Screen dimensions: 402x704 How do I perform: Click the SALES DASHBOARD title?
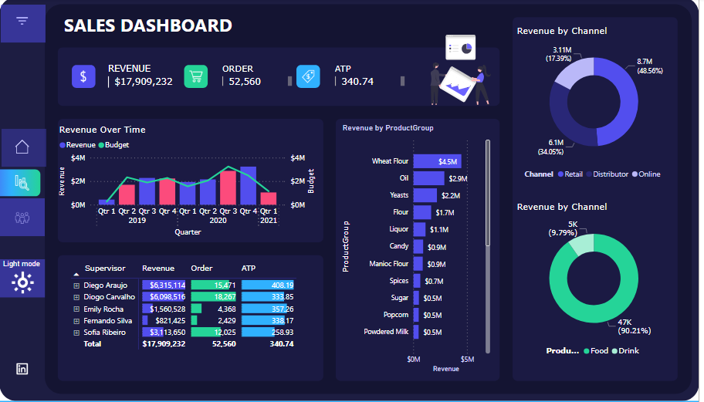click(147, 25)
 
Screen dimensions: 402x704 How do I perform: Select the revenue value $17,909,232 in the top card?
click(144, 82)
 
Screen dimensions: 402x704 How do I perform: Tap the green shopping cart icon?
click(196, 76)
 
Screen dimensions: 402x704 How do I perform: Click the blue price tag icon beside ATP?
click(308, 76)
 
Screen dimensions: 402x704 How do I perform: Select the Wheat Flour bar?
click(437, 161)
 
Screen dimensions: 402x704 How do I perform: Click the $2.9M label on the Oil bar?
click(458, 178)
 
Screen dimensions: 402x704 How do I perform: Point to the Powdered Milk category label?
click(386, 332)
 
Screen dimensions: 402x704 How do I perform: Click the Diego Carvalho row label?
click(108, 297)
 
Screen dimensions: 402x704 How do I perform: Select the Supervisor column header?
click(105, 269)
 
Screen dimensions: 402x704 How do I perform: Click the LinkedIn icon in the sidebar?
click(22, 369)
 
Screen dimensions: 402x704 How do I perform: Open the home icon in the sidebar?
click(22, 147)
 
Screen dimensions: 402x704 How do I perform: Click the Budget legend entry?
click(117, 145)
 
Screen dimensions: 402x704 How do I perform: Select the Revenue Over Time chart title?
click(103, 130)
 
